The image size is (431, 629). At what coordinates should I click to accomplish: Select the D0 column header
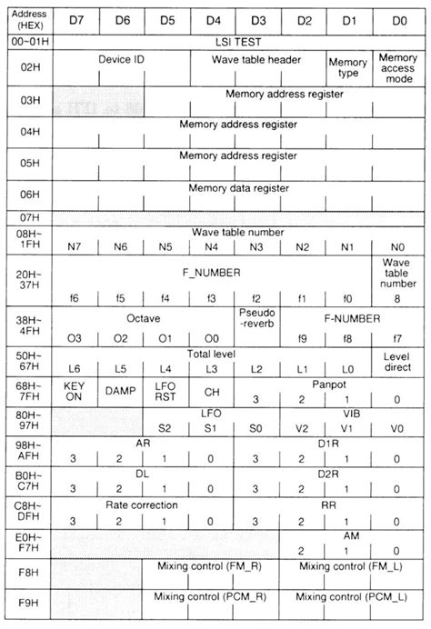[396, 18]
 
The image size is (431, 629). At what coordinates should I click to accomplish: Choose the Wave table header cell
[256, 60]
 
